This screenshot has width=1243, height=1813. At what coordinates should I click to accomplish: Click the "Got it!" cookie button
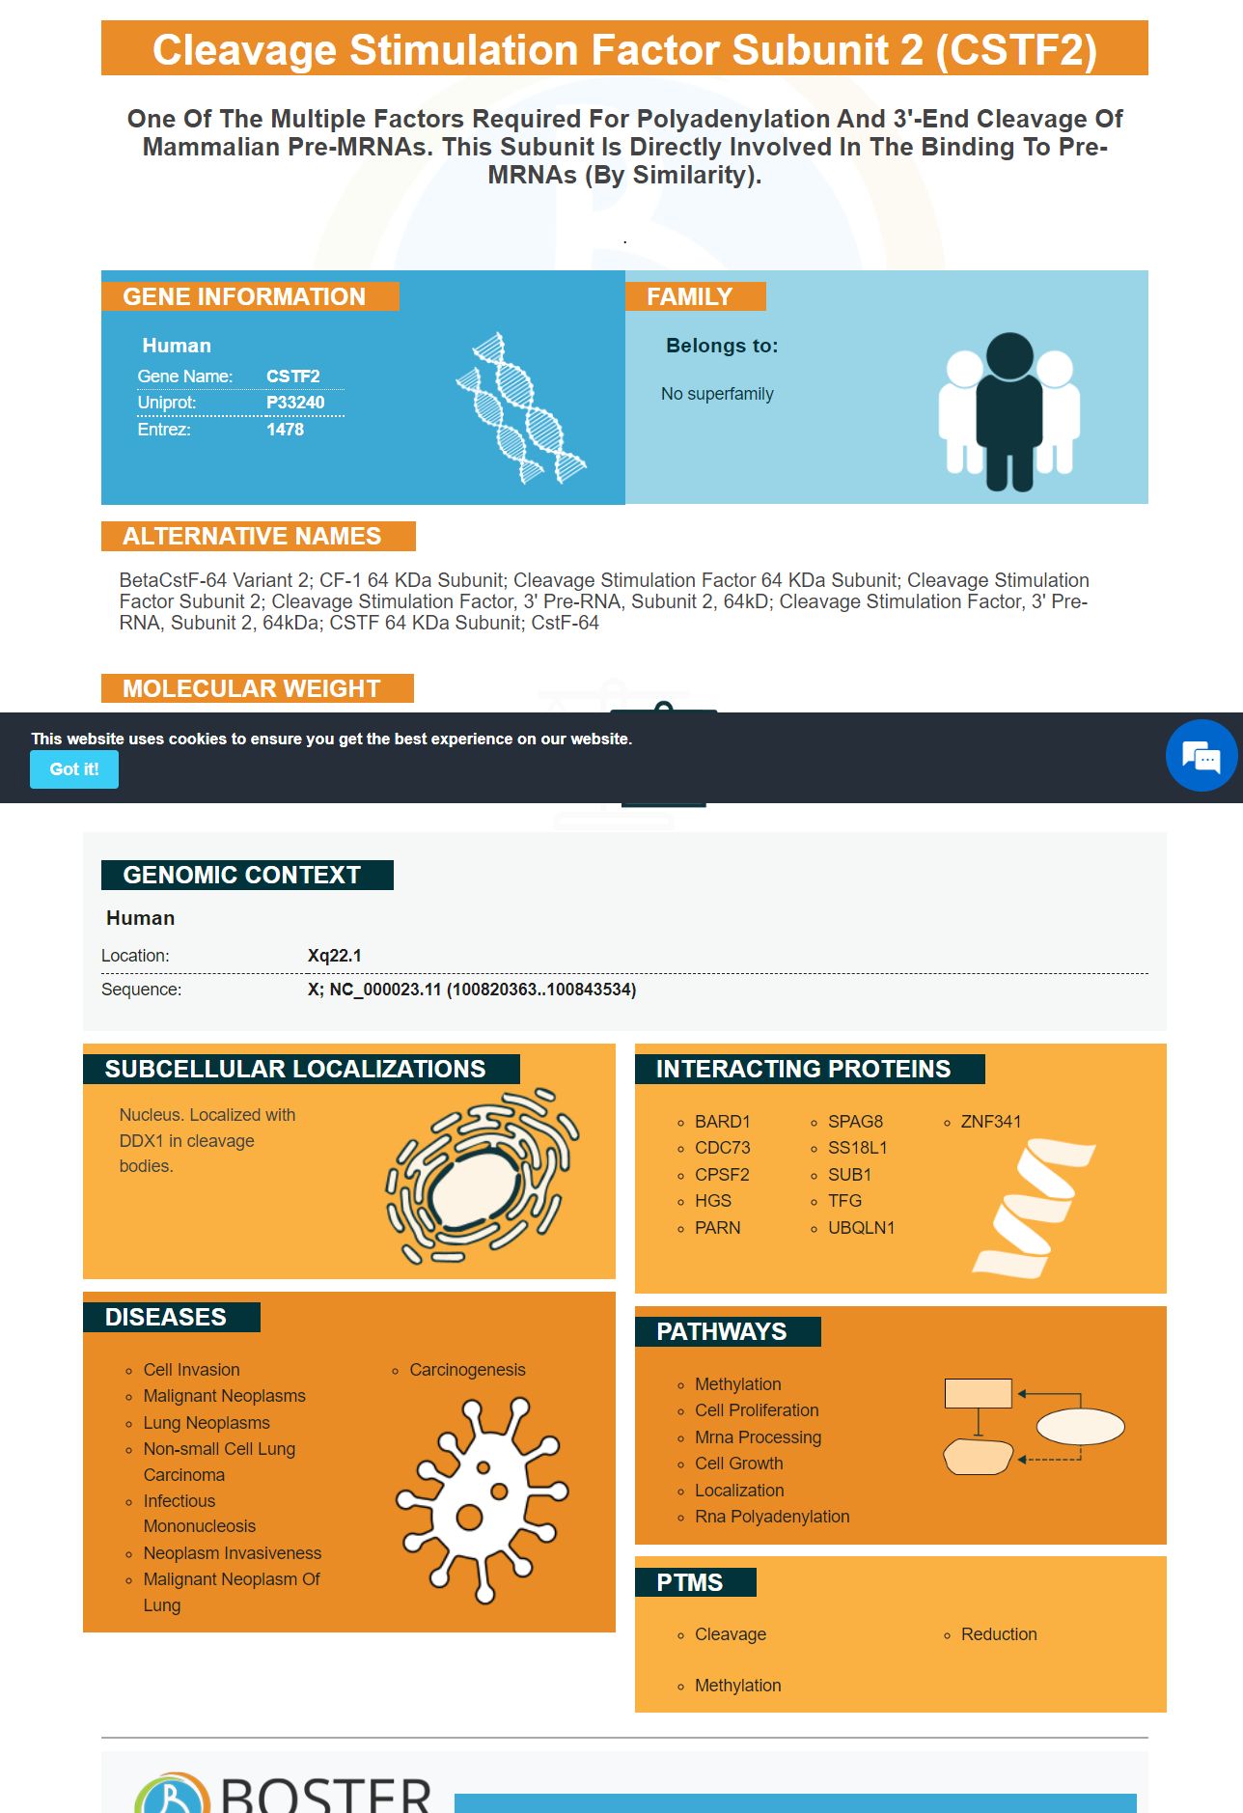coord(74,769)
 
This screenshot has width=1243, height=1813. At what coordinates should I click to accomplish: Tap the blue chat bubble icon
coord(1201,756)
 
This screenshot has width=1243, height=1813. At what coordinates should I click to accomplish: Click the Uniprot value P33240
coord(295,403)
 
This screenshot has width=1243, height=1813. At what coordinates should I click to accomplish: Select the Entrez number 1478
coord(285,430)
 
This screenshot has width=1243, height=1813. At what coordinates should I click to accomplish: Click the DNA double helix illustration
coord(521,408)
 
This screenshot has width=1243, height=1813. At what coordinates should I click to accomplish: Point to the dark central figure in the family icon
coord(1009,410)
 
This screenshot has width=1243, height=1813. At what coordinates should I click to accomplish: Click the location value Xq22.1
coord(335,956)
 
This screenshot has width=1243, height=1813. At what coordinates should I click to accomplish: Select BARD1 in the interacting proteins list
coord(722,1122)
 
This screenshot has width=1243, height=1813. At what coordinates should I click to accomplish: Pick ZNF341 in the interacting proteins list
coord(990,1122)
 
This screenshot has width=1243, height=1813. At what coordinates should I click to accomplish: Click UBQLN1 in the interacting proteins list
coord(861,1228)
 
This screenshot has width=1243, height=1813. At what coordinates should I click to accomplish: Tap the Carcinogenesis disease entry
coord(467,1370)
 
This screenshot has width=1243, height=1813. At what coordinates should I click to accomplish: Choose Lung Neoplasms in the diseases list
coord(207,1423)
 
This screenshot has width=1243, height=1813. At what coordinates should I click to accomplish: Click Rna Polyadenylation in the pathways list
coord(772,1517)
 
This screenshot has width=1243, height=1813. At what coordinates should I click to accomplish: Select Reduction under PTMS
coord(999,1634)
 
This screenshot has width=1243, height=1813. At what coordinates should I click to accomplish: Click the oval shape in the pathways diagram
coord(1080,1426)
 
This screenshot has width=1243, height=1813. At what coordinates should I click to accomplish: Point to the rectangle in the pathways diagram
coord(978,1393)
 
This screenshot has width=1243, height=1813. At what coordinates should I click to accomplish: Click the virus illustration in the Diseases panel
coord(482,1500)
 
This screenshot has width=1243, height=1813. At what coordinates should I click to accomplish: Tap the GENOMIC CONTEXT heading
coord(242,875)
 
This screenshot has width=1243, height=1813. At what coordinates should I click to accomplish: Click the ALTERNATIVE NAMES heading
coord(252,536)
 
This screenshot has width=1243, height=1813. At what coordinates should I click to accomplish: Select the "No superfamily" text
coord(717,394)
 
